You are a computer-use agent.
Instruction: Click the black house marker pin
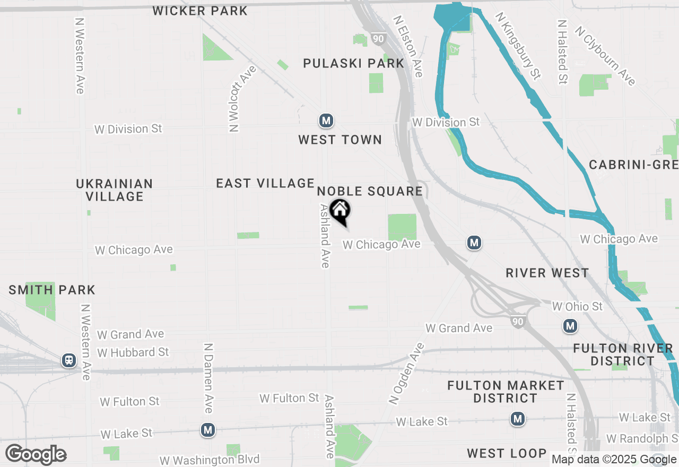pyautogui.click(x=339, y=211)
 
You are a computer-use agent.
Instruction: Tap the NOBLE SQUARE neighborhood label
pyautogui.click(x=370, y=191)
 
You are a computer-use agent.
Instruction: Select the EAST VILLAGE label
pyautogui.click(x=265, y=184)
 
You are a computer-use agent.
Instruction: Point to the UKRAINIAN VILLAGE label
pyautogui.click(x=115, y=190)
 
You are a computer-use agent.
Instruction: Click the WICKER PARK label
pyautogui.click(x=200, y=11)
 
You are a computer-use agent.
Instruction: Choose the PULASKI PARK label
pyautogui.click(x=354, y=64)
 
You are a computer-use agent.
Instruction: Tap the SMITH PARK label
pyautogui.click(x=52, y=290)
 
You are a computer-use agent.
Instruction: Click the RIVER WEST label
pyautogui.click(x=547, y=273)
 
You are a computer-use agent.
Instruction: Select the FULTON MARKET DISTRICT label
pyautogui.click(x=506, y=392)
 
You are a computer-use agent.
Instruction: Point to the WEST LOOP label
pyautogui.click(x=507, y=453)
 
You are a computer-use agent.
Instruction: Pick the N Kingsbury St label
pyautogui.click(x=518, y=46)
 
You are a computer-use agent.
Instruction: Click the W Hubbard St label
pyautogui.click(x=133, y=352)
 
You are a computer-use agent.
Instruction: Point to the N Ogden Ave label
pyautogui.click(x=407, y=374)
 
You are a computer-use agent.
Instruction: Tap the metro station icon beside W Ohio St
pyautogui.click(x=570, y=325)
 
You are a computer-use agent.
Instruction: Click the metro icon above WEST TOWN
pyautogui.click(x=326, y=121)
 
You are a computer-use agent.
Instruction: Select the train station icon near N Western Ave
pyautogui.click(x=68, y=360)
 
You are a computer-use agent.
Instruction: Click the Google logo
pyautogui.click(x=36, y=455)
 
